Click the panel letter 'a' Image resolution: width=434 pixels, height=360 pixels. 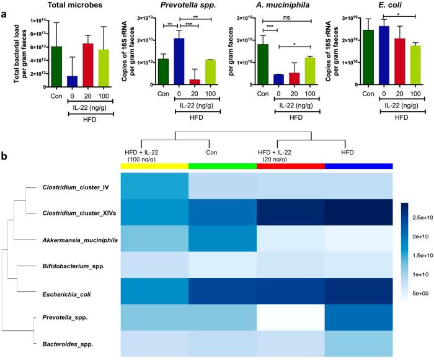click(x=5, y=11)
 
